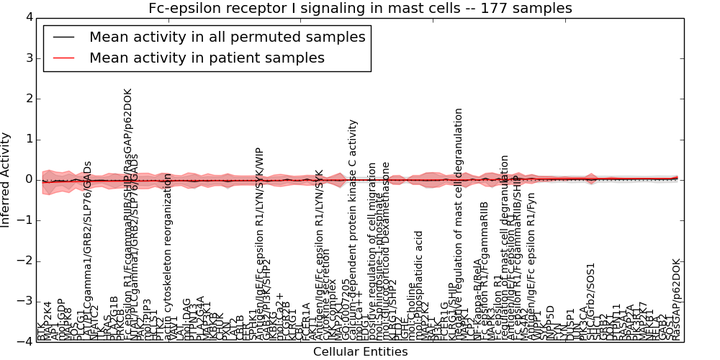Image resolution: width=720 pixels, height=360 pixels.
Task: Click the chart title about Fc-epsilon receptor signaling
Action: click(360, 9)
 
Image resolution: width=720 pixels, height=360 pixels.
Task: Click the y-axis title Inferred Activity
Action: click(6, 179)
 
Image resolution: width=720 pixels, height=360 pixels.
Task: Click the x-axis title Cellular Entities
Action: click(360, 351)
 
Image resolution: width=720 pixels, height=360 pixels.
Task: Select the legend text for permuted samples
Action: click(227, 37)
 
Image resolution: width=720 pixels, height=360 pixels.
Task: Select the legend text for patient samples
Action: click(207, 58)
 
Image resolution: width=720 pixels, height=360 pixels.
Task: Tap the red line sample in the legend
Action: click(63, 58)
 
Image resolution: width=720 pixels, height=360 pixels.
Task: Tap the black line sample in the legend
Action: click(63, 37)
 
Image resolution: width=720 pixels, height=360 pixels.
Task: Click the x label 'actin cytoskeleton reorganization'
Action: click(168, 256)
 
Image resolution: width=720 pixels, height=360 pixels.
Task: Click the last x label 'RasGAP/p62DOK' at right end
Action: click(675, 300)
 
